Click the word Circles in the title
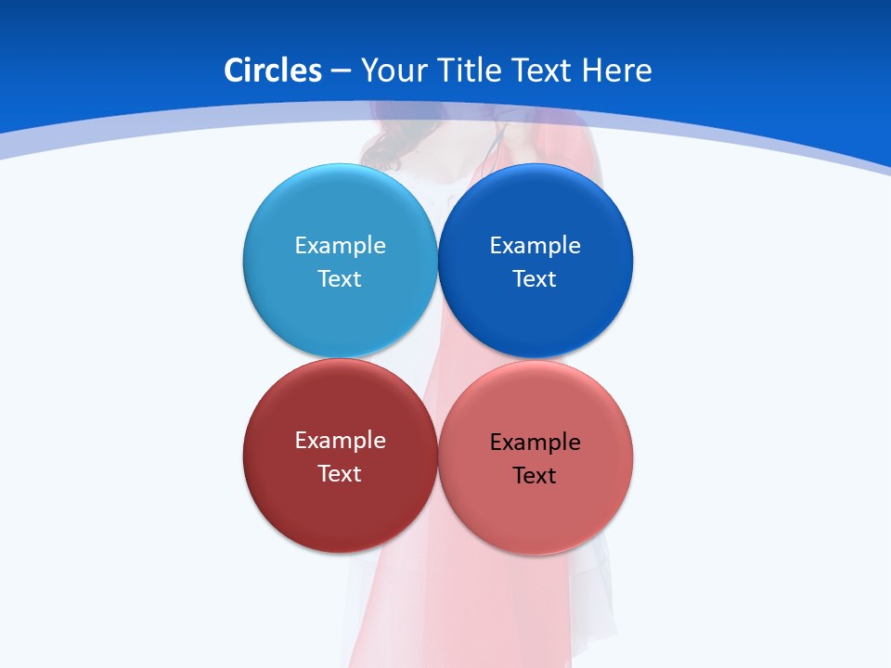273,71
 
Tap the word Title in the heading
470,71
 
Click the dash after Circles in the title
341,71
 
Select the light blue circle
340,209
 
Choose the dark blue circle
536,209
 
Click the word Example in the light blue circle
340,246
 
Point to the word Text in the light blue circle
340,279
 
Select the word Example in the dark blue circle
536,246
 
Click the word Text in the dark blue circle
536,279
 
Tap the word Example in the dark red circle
340,441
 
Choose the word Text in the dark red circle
340,474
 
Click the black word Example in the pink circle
536,443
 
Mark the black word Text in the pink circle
536,476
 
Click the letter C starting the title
234,71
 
